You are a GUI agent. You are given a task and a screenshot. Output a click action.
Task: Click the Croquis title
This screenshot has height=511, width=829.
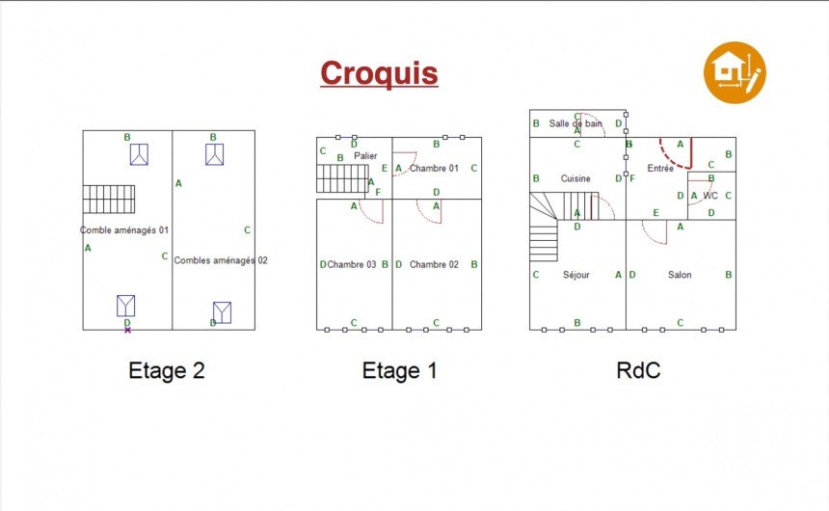[379, 73]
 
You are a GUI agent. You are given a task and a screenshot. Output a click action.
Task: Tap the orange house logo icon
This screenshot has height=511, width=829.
[735, 72]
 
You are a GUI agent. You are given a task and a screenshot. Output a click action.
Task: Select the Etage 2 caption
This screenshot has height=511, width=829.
[167, 370]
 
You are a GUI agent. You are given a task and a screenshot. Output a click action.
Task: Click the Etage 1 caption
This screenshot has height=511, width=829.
[399, 370]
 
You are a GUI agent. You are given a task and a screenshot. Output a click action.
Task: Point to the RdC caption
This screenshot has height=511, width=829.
[638, 370]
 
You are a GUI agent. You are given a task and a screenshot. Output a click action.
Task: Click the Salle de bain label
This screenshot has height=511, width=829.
[575, 123]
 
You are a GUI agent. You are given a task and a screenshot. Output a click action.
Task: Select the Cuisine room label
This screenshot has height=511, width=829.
[575, 178]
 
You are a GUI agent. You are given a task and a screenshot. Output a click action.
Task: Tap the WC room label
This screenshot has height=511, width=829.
[710, 196]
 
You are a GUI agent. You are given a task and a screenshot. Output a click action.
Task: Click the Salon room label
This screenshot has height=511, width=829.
[680, 275]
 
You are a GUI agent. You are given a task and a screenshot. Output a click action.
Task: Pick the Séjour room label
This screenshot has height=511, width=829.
[575, 275]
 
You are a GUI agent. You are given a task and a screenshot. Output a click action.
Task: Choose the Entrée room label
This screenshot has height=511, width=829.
[660, 168]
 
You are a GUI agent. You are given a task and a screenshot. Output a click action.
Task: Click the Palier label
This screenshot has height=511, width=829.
[365, 155]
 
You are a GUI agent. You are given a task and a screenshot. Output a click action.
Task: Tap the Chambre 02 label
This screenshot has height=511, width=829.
[434, 264]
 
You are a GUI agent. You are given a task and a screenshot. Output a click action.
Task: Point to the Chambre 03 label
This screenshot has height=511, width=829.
[352, 264]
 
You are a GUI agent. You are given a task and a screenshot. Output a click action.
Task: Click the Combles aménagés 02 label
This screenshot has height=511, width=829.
[221, 260]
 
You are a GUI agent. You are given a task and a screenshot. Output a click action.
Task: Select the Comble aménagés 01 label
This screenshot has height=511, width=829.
[124, 230]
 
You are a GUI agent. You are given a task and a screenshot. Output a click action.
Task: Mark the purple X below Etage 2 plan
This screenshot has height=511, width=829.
[127, 330]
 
